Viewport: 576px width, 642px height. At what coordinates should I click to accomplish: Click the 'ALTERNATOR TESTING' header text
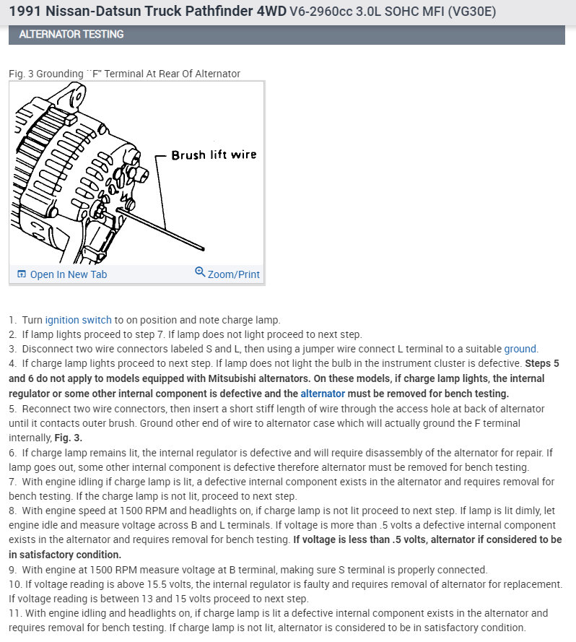tap(71, 34)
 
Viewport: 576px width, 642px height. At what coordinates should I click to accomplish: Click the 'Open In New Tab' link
tap(69, 274)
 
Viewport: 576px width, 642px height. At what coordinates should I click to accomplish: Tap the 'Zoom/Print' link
tap(233, 274)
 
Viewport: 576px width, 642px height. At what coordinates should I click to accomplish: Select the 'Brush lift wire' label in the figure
tap(214, 155)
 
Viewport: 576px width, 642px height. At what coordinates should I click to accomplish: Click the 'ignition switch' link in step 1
tap(78, 319)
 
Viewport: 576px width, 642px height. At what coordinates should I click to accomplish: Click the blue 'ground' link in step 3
tap(520, 349)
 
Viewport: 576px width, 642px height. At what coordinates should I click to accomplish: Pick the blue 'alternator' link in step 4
tap(323, 394)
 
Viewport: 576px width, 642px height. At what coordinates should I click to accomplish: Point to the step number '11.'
tap(15, 613)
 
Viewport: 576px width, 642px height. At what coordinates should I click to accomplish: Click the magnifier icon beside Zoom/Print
tap(200, 272)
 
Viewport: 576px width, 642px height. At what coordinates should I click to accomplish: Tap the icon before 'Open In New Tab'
tap(21, 274)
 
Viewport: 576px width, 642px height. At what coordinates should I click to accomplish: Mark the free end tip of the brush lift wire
tap(205, 251)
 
